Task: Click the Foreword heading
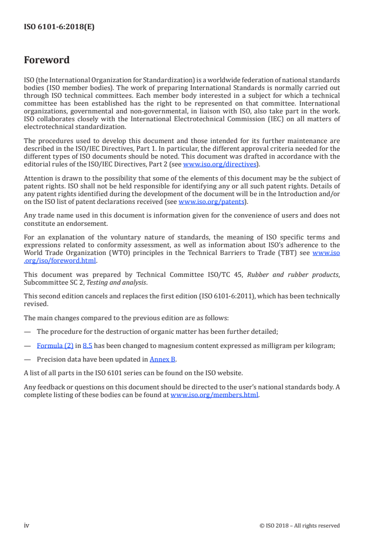tap(47, 60)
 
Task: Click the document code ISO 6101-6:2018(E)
tap(59, 27)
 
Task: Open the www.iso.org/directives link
tap(220, 164)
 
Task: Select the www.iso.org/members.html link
tap(215, 395)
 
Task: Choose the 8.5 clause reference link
tap(88, 346)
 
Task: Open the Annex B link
tap(162, 360)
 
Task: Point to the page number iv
tap(27, 525)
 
